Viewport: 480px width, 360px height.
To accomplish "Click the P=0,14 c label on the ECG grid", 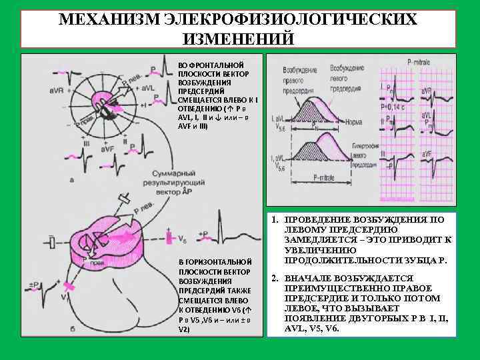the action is pos(393,106).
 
